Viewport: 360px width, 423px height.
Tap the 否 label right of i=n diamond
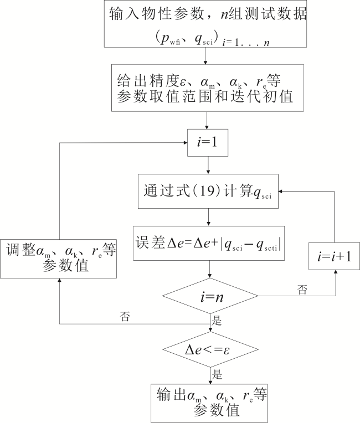[x=302, y=290]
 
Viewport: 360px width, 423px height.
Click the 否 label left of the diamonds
[x=125, y=317]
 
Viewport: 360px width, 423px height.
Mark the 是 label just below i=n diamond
[x=217, y=321]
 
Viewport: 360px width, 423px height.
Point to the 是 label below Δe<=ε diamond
[x=217, y=374]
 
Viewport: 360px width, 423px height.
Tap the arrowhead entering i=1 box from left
[x=186, y=143]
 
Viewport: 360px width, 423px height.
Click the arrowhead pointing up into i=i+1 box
[x=336, y=272]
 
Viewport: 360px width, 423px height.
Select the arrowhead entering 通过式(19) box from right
[x=281, y=191]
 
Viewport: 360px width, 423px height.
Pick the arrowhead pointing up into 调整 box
[x=59, y=280]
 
